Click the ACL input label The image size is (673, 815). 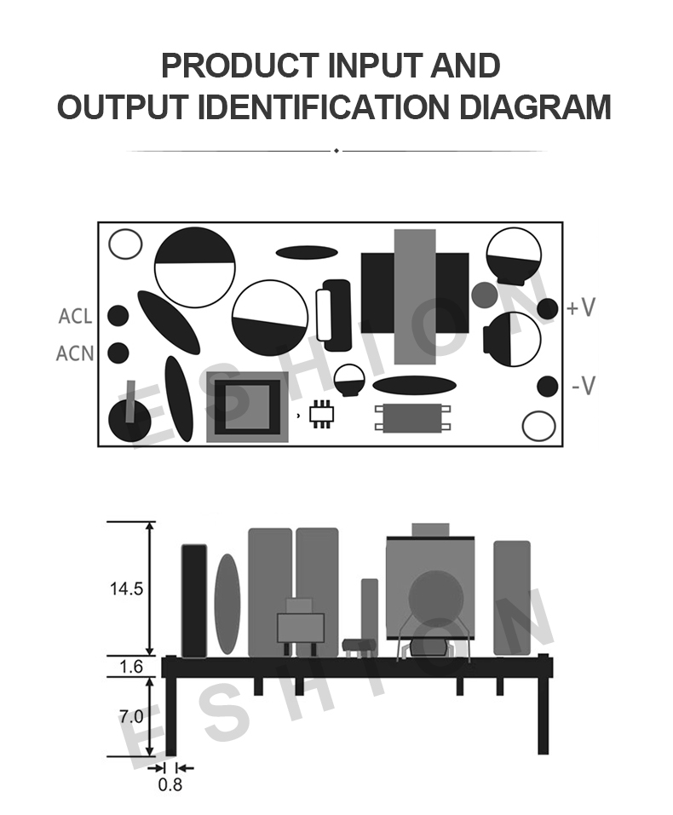(75, 316)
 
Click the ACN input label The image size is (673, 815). (75, 353)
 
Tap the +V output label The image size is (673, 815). (580, 307)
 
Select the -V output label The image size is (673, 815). (583, 386)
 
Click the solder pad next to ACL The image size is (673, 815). (118, 315)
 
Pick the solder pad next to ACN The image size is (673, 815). (118, 353)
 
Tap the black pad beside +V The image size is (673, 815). (547, 309)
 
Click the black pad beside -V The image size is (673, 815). (547, 386)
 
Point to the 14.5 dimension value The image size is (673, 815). (126, 589)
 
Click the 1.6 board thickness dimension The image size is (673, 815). (130, 666)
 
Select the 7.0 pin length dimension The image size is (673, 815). (131, 717)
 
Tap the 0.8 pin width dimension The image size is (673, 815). (170, 784)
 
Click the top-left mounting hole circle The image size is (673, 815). (125, 244)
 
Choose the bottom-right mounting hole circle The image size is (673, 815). (538, 426)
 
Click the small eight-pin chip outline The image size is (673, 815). (322, 414)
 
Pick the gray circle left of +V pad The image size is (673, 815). (485, 294)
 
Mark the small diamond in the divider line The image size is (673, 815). (336, 151)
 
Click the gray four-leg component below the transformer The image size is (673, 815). (412, 418)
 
